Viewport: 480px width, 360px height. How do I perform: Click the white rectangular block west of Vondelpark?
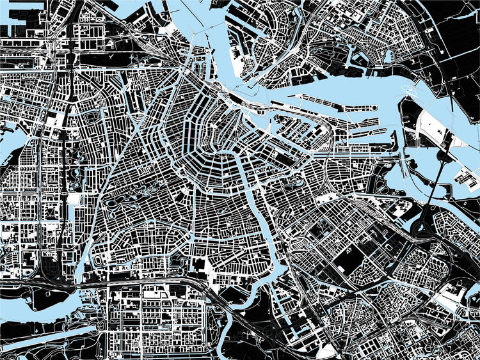pos(74,199)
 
